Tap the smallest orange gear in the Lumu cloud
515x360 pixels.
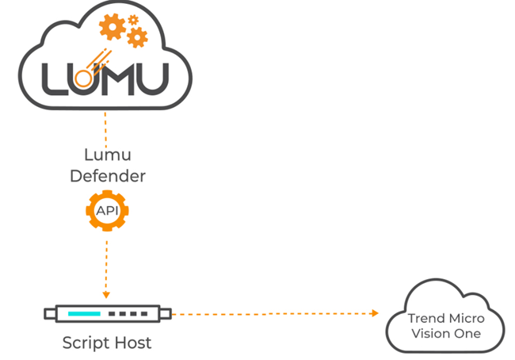[x=132, y=17]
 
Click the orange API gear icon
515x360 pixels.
[x=106, y=211]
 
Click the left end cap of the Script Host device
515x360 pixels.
[x=50, y=314]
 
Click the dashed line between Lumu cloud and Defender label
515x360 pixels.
[x=106, y=127]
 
